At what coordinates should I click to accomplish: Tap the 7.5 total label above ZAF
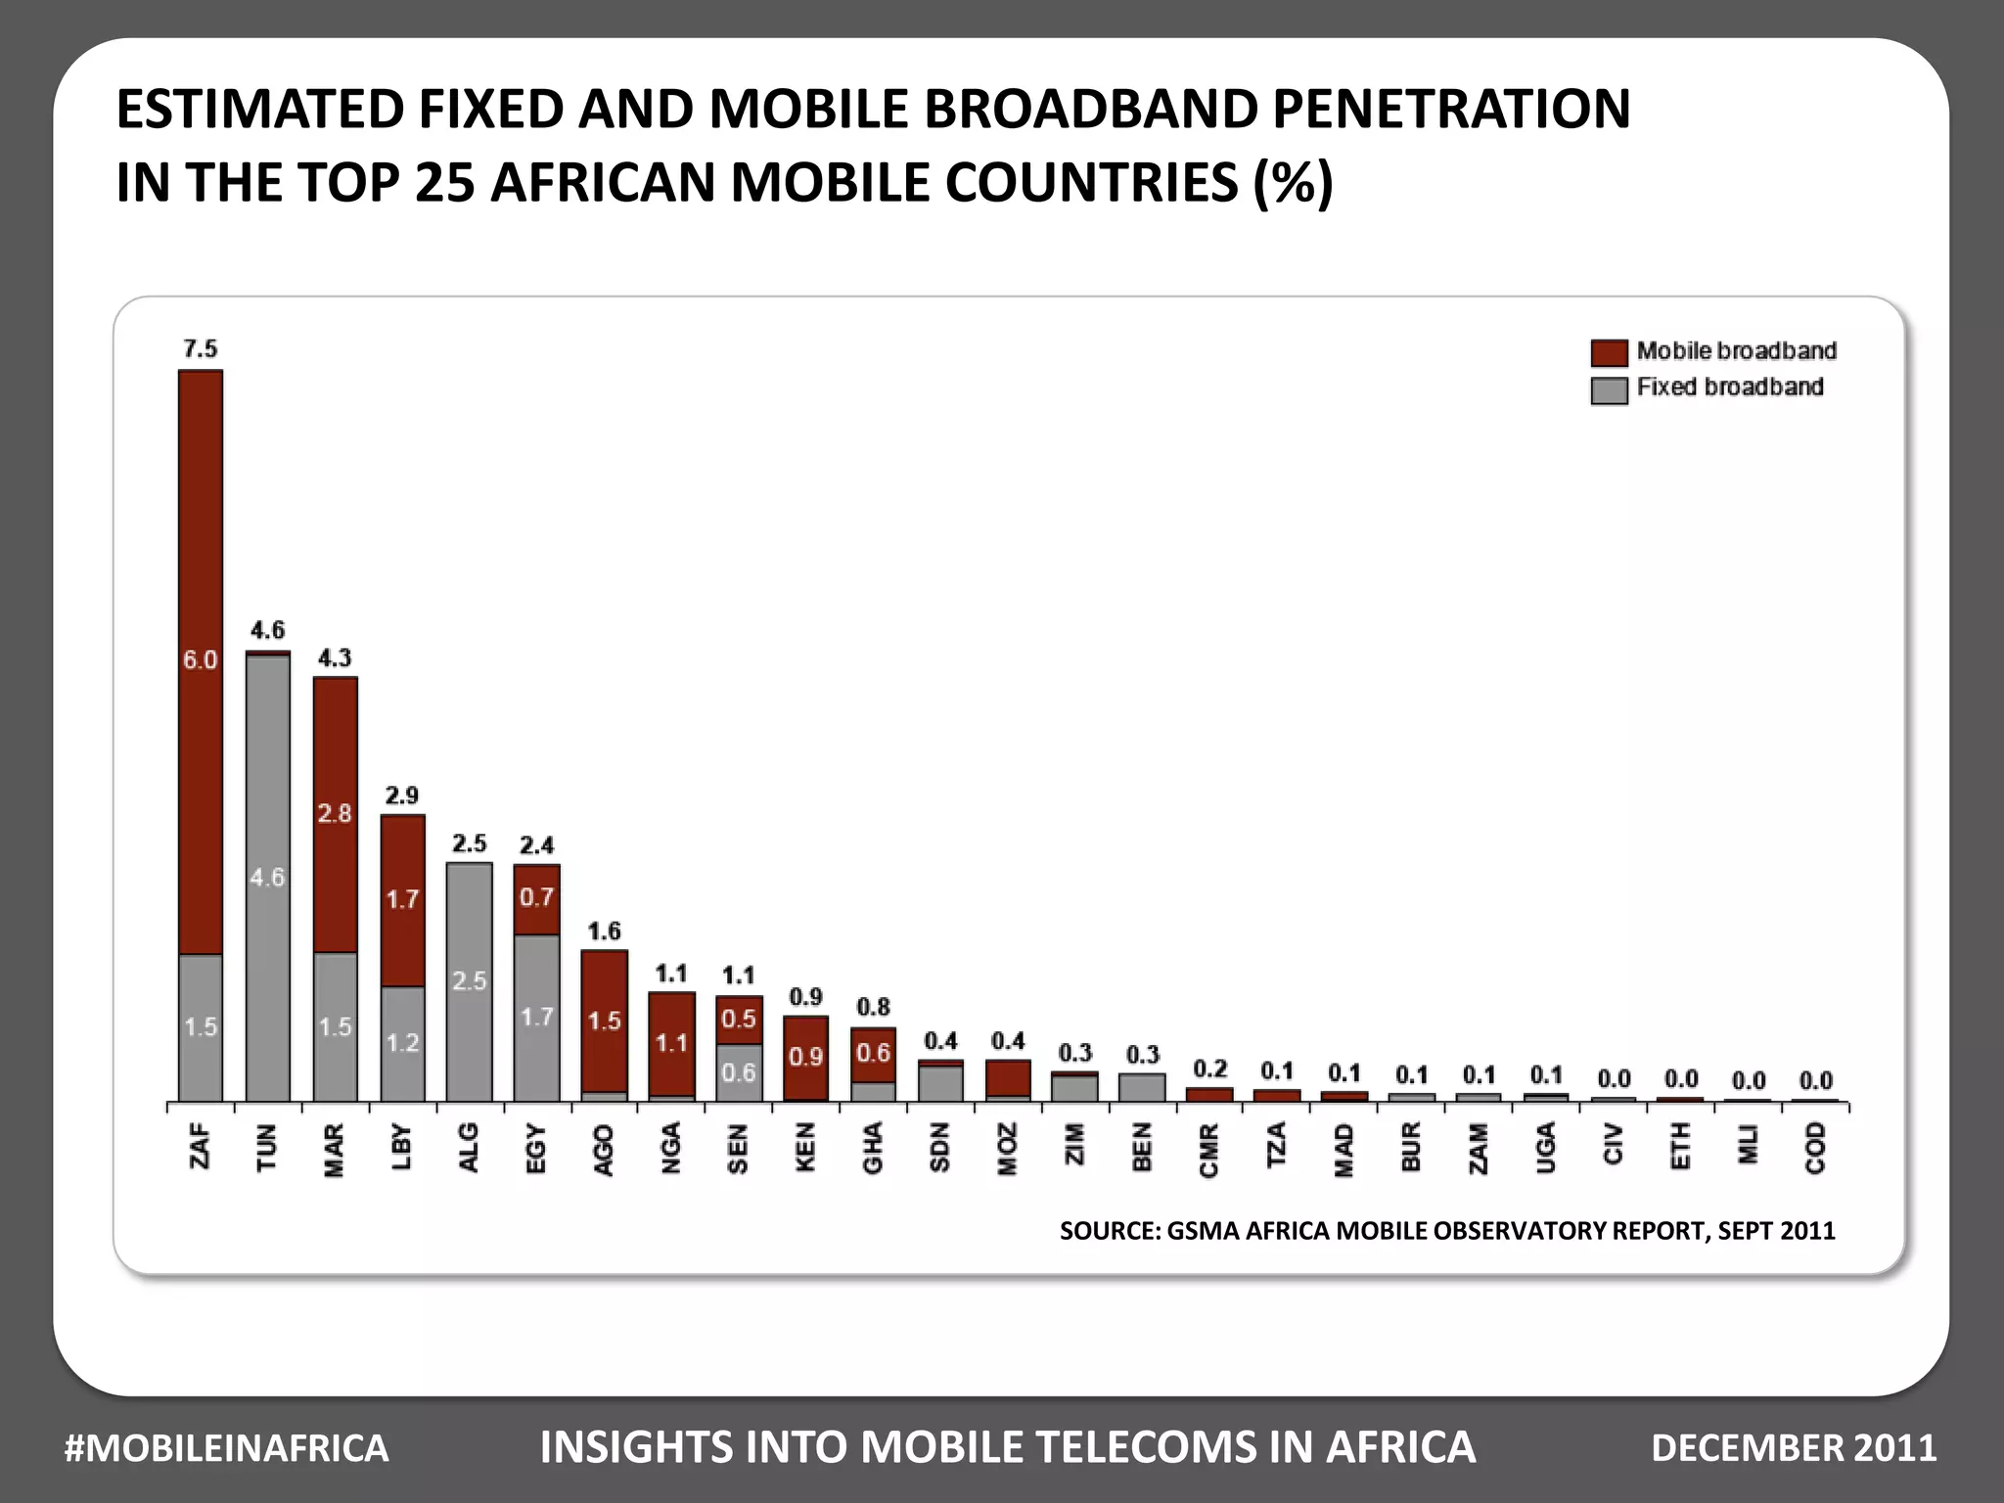201,348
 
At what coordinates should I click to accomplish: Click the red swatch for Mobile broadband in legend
1609,352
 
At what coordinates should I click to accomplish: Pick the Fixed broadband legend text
1729,387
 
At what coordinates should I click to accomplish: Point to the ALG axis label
469,1147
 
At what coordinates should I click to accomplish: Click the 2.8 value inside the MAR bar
335,813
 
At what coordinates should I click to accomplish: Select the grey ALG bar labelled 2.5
469,981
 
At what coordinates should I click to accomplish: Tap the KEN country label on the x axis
805,1147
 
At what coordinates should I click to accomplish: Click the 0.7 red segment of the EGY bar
536,898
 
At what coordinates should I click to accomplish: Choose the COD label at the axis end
1816,1147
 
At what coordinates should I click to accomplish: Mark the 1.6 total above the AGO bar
604,931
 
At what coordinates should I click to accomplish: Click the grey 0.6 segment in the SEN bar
739,1072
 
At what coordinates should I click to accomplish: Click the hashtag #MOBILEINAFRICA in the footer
226,1447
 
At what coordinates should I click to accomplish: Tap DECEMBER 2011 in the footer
1793,1447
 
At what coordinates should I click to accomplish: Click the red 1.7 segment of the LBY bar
402,900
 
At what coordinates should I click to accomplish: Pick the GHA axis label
873,1147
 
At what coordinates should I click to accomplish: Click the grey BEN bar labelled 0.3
1142,1087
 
